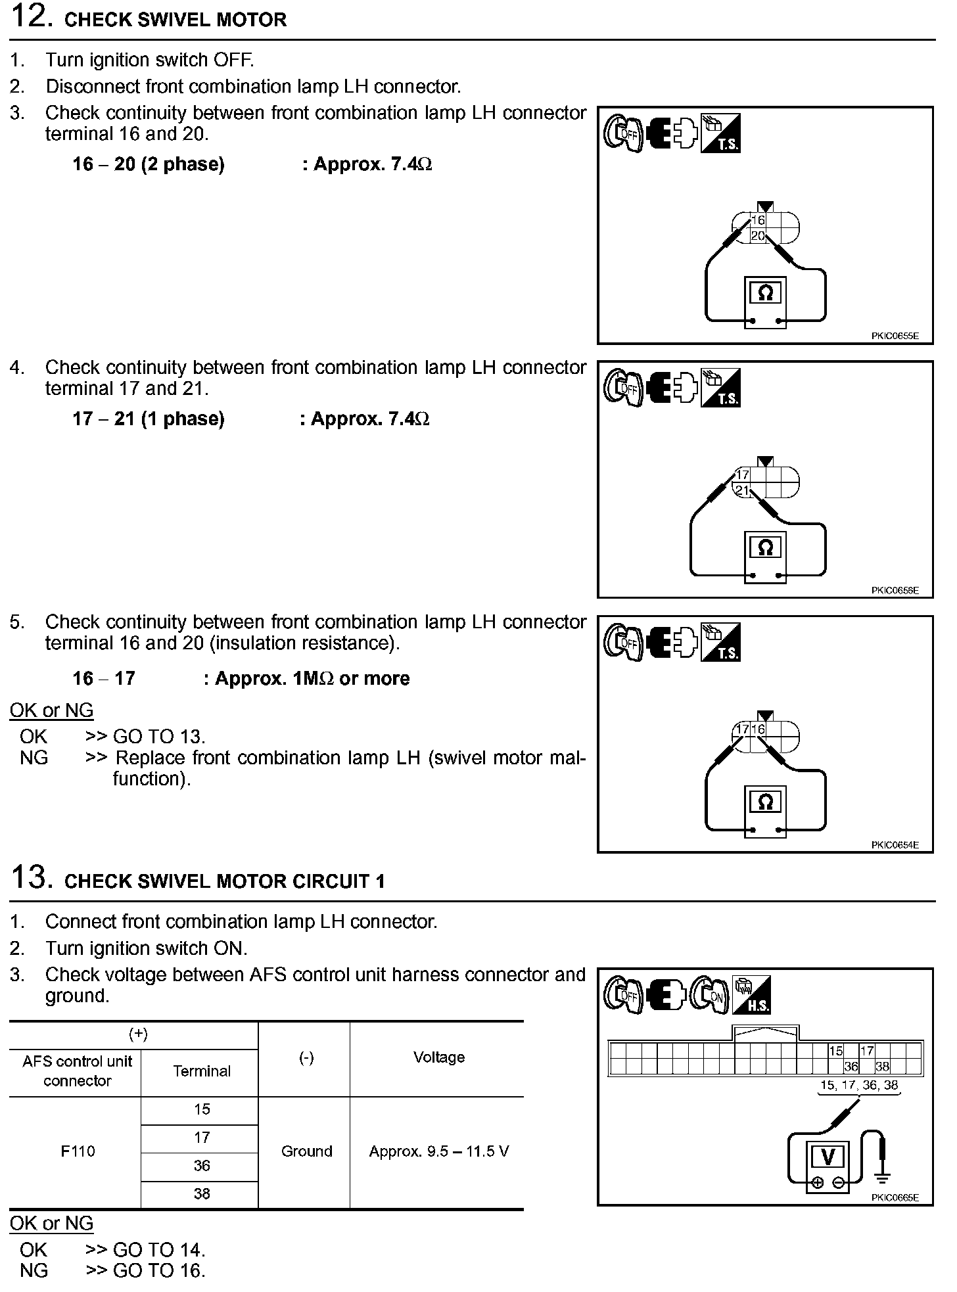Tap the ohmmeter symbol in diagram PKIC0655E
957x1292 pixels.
pyautogui.click(x=765, y=294)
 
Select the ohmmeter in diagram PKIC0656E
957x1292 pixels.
pyautogui.click(x=765, y=548)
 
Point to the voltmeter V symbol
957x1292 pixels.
pyautogui.click(x=828, y=1157)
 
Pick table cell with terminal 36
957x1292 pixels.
pyautogui.click(x=201, y=1166)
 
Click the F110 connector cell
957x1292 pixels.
pyautogui.click(x=78, y=1151)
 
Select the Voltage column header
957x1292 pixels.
pyautogui.click(x=438, y=1057)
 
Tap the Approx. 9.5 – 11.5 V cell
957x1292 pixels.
pyautogui.click(x=438, y=1151)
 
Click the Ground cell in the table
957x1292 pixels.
pyautogui.click(x=306, y=1151)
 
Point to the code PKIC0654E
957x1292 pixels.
pyautogui.click(x=895, y=845)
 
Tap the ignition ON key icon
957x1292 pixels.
pyautogui.click(x=711, y=994)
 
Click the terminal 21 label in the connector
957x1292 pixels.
pyautogui.click(x=742, y=490)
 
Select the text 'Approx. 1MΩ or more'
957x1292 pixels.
pyautogui.click(x=312, y=679)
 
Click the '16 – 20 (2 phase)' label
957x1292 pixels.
pyautogui.click(x=149, y=164)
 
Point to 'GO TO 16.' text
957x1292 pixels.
pyautogui.click(x=159, y=1271)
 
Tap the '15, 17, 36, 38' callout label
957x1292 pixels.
pyautogui.click(x=859, y=1085)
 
